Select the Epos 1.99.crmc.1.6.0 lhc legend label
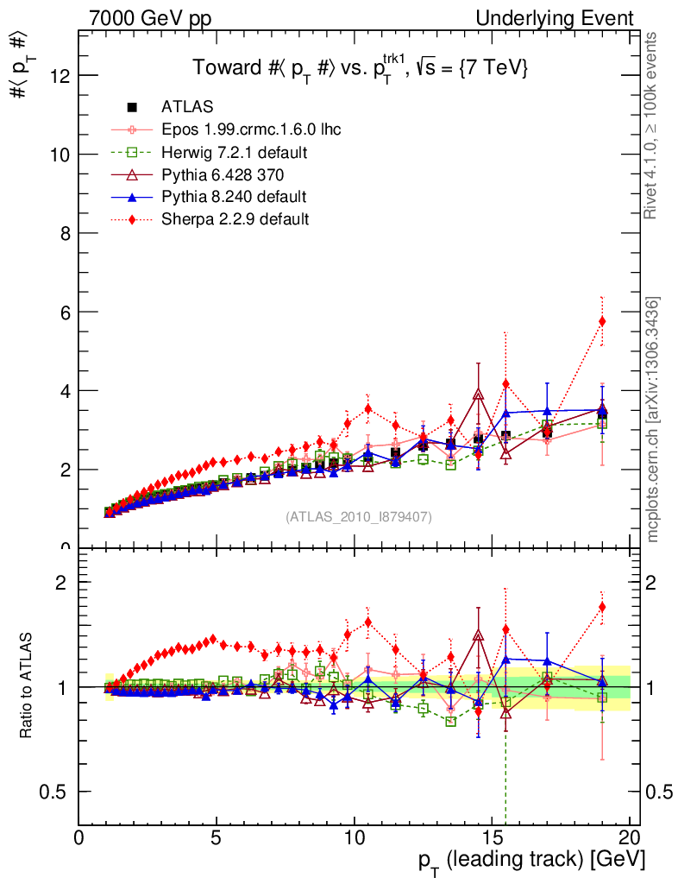(251, 129)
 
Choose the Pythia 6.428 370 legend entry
(223, 174)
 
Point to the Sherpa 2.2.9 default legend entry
(235, 219)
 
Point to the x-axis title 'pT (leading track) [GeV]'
(531, 861)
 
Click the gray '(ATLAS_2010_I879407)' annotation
(359, 517)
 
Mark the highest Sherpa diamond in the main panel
(603, 321)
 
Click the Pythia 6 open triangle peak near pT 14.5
(479, 395)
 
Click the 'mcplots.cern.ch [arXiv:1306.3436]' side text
(654, 420)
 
